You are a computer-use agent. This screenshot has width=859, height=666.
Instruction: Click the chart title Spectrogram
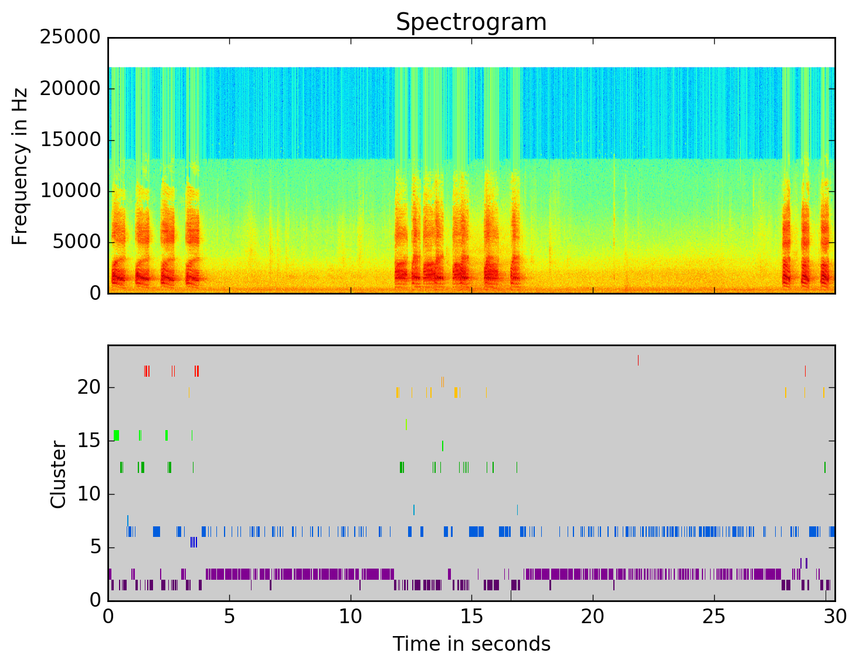click(471, 22)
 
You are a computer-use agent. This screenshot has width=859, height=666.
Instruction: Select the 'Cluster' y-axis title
click(58, 475)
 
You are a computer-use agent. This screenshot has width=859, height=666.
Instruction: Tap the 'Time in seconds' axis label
click(471, 644)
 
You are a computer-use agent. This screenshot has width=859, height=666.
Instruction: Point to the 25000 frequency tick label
click(70, 38)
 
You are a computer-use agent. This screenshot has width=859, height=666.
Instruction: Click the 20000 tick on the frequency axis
click(70, 89)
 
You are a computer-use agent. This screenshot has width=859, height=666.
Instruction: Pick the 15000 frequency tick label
click(70, 140)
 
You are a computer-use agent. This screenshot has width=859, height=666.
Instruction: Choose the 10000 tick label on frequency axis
click(70, 191)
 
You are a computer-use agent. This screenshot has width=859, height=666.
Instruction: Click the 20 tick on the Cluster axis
click(89, 387)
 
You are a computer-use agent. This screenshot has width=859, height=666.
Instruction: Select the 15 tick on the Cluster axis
click(89, 441)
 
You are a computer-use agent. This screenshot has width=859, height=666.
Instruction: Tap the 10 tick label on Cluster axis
click(89, 494)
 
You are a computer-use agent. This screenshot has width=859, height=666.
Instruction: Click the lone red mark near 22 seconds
click(638, 360)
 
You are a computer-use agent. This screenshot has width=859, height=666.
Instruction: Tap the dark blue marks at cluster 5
click(193, 542)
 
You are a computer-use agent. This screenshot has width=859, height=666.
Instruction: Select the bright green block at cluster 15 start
click(116, 435)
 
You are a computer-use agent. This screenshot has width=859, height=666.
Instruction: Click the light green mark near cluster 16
click(406, 424)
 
